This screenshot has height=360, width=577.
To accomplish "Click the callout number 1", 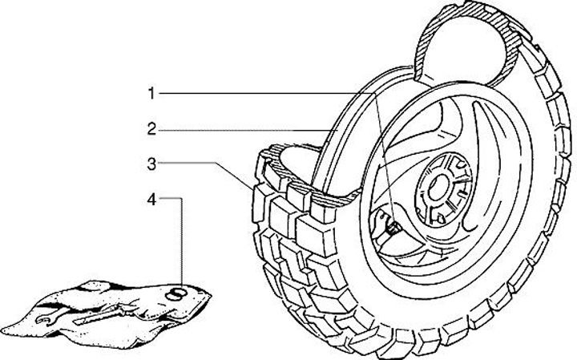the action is (150, 94).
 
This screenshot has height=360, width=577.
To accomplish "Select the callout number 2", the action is (150, 128).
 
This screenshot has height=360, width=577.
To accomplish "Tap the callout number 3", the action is (150, 164).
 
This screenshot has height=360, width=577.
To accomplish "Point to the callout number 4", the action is (150, 199).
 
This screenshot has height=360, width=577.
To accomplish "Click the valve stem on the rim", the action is (393, 227).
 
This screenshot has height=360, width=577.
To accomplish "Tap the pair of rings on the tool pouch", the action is (178, 293).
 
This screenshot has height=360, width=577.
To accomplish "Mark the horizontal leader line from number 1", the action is (264, 94).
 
